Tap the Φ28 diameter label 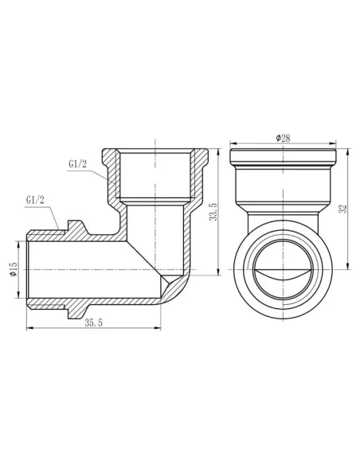[282, 139]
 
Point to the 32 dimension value [342, 210]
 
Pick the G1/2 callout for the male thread [36, 199]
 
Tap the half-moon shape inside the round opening [282, 279]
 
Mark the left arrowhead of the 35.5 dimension [29, 327]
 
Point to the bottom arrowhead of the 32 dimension [336, 273]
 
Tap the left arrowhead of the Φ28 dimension [232, 143]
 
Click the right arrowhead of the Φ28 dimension [332, 143]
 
